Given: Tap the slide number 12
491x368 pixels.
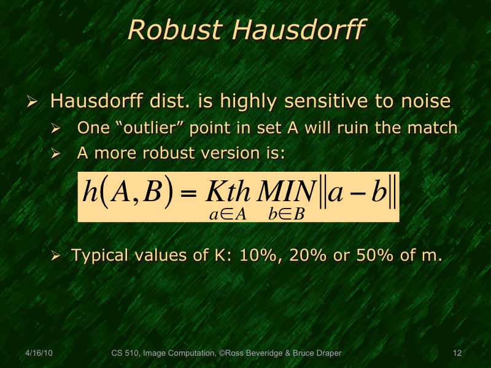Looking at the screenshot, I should coord(456,353).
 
